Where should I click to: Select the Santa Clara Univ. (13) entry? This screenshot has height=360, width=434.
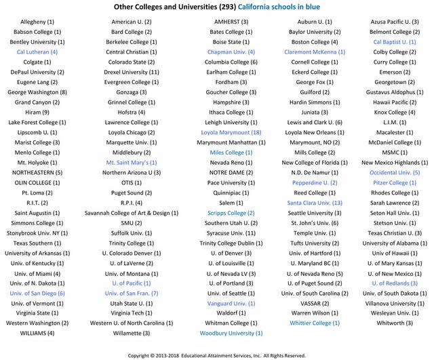[314, 203]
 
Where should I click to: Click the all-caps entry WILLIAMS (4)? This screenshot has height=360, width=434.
[37, 333]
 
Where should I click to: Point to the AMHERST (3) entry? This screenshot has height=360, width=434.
[231, 22]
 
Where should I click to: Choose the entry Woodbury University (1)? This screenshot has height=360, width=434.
[231, 333]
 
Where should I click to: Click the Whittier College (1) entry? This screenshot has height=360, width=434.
[314, 323]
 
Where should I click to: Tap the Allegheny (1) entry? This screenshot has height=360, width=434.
[37, 22]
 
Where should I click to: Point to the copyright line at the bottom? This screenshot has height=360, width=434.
[217, 354]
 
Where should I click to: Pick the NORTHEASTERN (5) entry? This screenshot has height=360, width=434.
[37, 172]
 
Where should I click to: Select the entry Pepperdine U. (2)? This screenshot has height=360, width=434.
[314, 182]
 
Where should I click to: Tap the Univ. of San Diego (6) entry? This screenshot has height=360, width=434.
[37, 293]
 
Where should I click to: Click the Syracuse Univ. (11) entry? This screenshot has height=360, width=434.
[231, 233]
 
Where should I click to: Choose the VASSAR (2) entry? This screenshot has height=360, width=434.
[314, 303]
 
